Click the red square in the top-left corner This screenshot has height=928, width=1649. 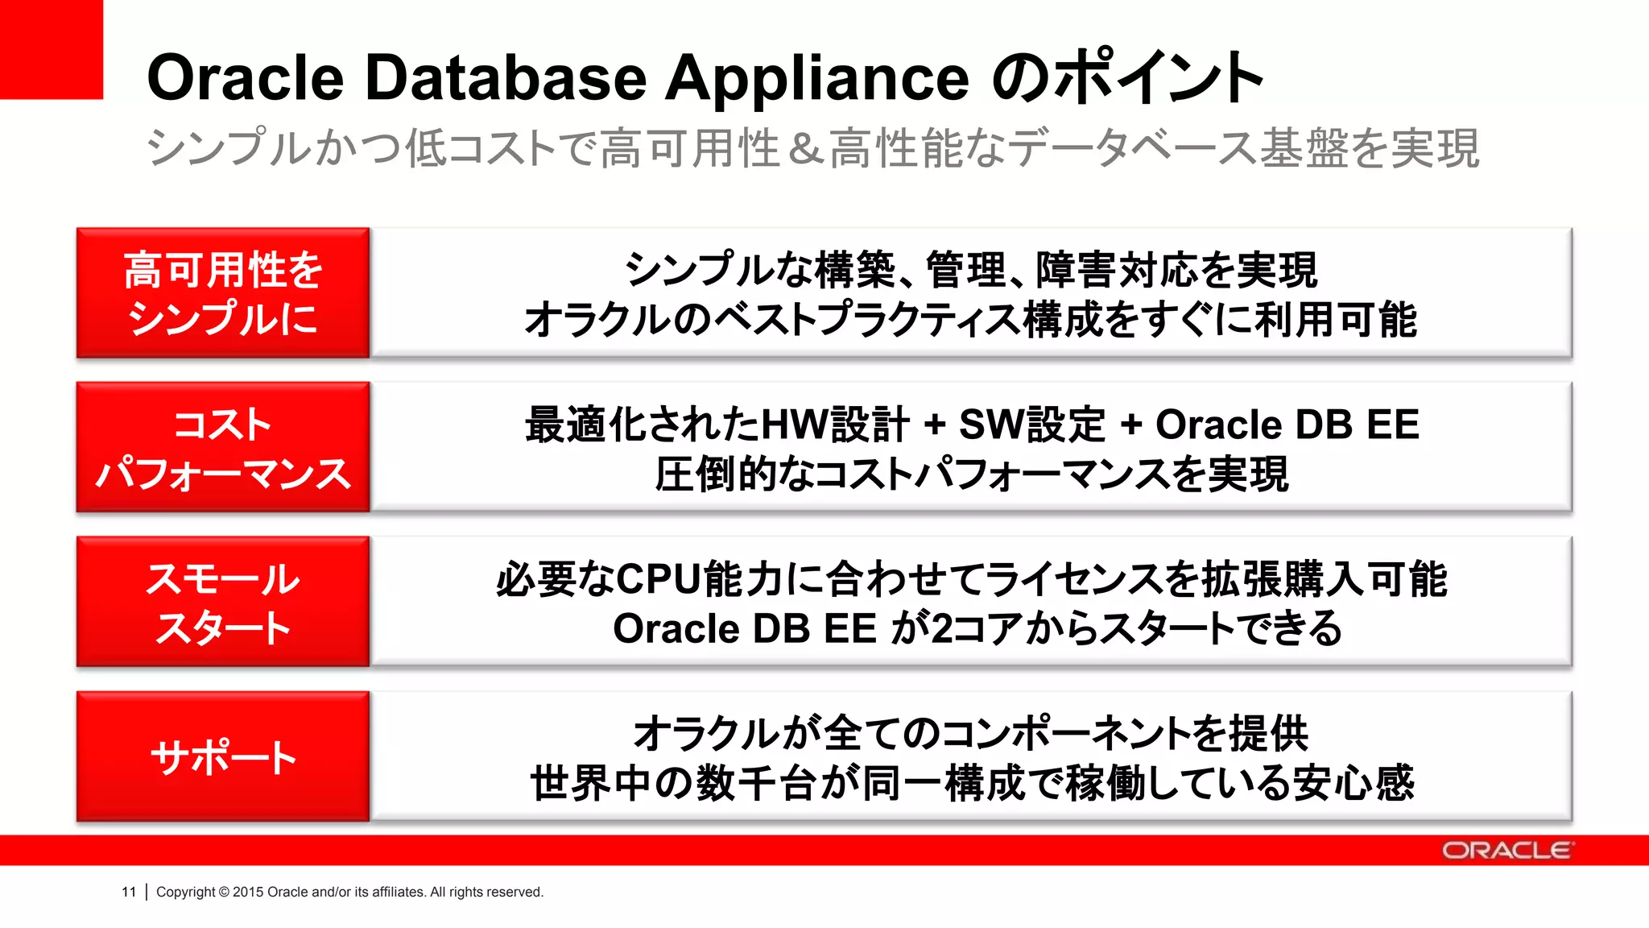pos(51,48)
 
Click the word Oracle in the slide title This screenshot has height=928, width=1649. pos(245,78)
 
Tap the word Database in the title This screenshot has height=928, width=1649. pos(506,78)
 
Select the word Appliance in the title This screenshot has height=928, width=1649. pos(816,78)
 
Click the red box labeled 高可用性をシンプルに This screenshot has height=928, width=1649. pos(223,293)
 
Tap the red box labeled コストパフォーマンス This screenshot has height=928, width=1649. pos(223,448)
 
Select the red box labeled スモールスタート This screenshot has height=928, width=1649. pos(223,603)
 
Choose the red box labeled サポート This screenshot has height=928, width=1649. pos(223,757)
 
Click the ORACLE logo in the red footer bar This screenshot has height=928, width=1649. pos(1506,851)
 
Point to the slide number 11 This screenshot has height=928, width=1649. pos(129,892)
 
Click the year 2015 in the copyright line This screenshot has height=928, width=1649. pos(248,892)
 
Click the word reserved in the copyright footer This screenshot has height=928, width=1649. pos(516,892)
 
